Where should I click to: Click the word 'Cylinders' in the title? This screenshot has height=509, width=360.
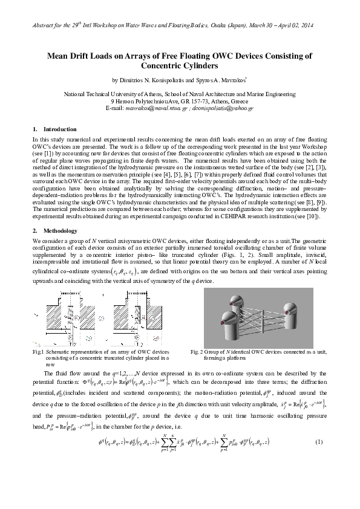(179, 65)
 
